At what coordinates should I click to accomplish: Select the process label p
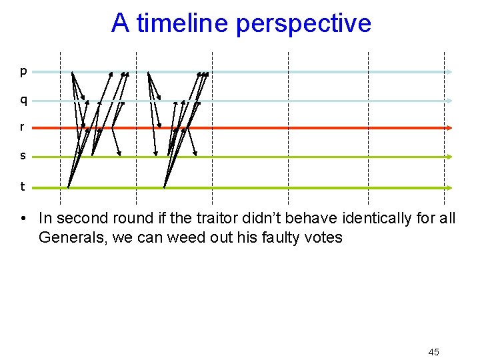23,71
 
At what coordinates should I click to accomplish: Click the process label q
23,100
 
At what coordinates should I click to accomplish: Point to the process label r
23,127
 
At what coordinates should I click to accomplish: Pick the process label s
23,155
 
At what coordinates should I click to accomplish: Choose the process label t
23,187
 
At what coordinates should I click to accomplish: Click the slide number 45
433,351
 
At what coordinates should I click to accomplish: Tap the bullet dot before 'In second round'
23,218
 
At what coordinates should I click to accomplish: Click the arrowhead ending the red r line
449,127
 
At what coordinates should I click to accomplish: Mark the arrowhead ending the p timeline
451,71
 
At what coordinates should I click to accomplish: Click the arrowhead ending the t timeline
449,188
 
